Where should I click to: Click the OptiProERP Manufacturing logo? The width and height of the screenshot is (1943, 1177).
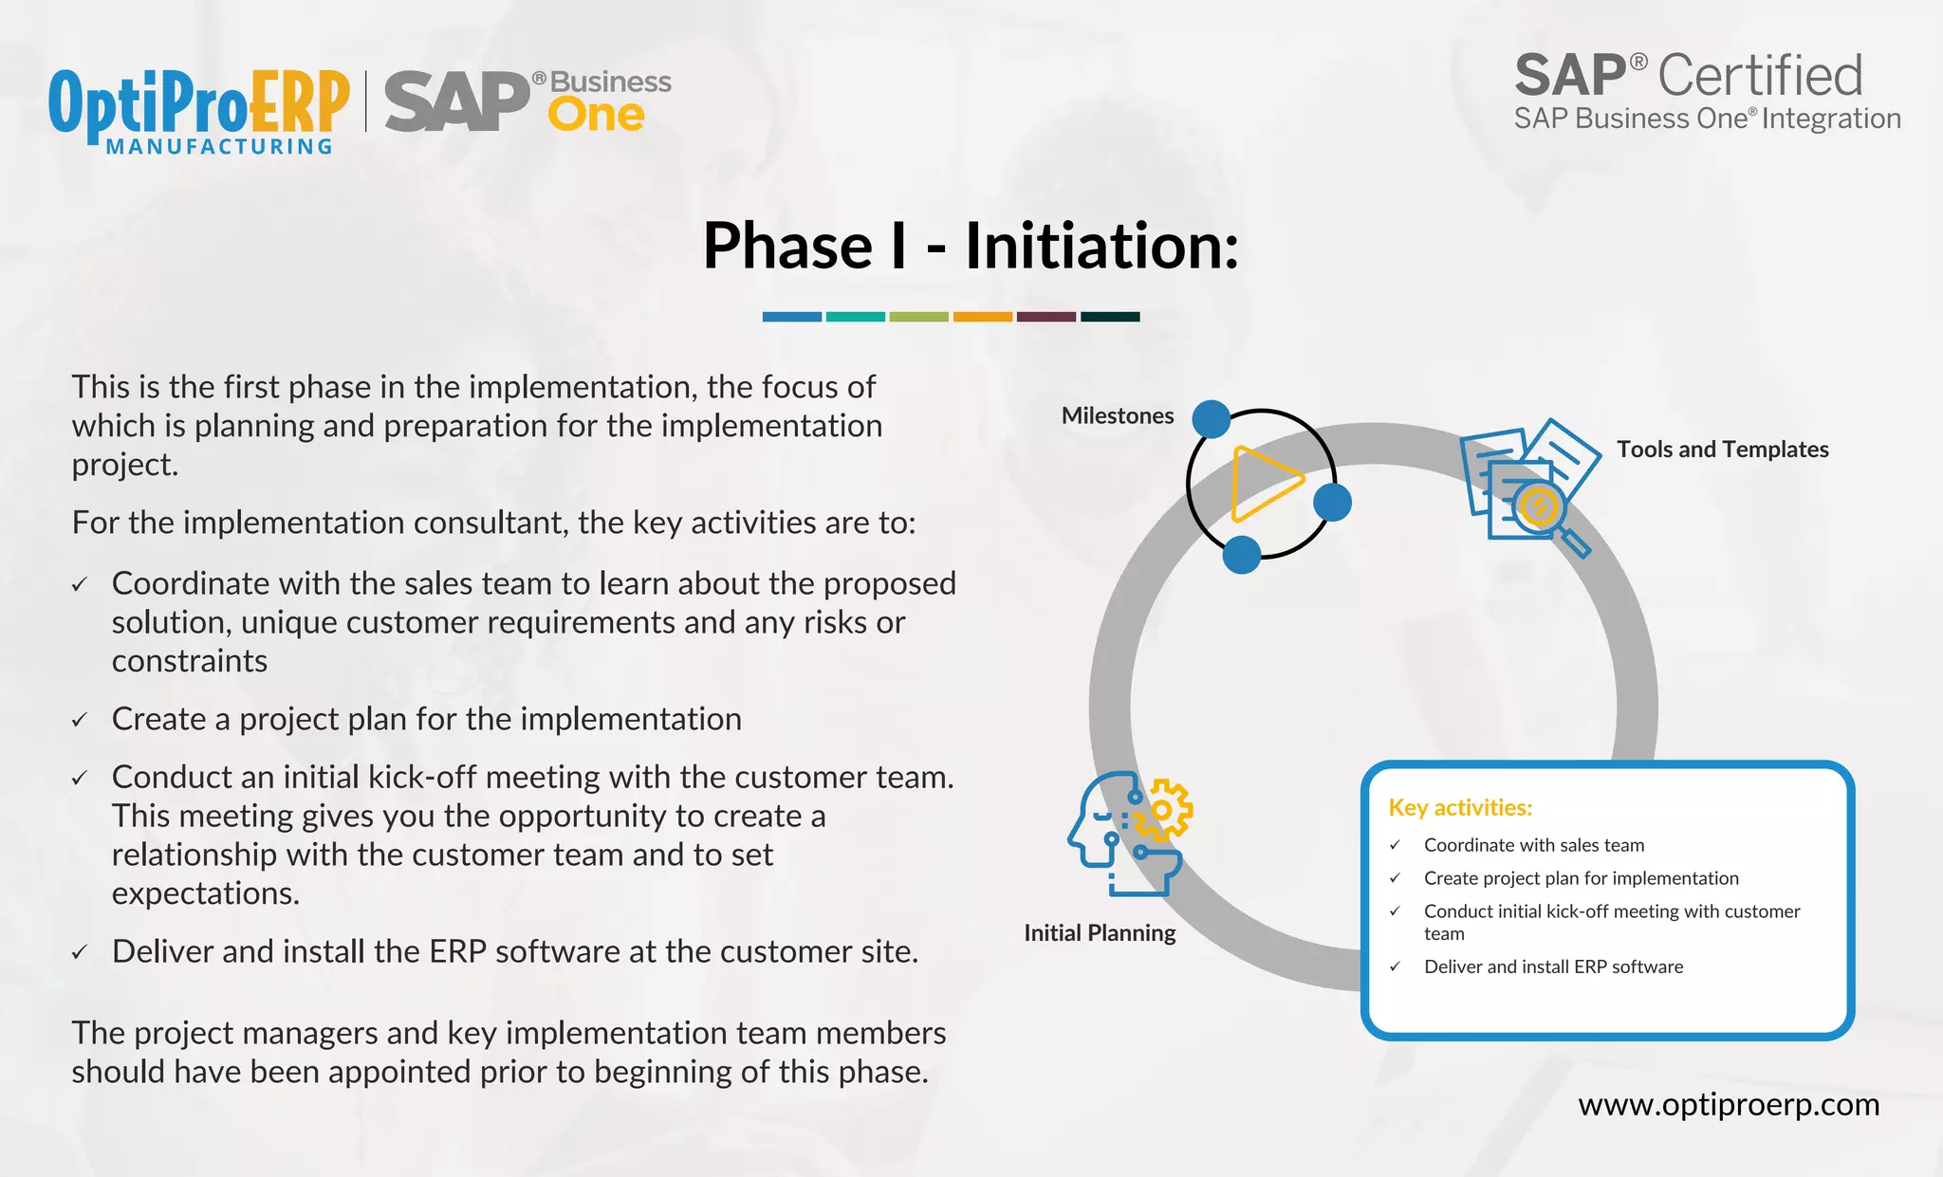coord(198,110)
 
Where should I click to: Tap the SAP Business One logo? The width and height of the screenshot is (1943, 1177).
coord(527,101)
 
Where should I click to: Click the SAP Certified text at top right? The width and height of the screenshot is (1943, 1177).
coord(1688,76)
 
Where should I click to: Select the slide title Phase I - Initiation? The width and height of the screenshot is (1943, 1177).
coord(971,246)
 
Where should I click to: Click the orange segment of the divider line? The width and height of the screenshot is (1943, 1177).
coord(982,317)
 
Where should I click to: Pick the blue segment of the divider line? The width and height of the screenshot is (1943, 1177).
coord(791,317)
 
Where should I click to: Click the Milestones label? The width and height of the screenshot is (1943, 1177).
coord(1117,415)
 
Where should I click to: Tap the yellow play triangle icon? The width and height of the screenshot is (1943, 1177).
coord(1264,484)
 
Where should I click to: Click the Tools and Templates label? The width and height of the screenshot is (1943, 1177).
coord(1722,450)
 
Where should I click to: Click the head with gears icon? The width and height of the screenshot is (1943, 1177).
coord(1129,832)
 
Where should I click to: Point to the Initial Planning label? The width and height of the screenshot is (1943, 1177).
coord(1100,933)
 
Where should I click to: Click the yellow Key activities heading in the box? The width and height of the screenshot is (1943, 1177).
coord(1460,808)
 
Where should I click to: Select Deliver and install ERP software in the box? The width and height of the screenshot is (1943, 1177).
coord(1553,967)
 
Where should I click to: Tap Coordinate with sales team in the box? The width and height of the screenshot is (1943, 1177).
coord(1533,845)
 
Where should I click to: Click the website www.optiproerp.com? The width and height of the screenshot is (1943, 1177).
coord(1728,1105)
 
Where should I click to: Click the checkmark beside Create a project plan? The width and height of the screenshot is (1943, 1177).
coord(80,721)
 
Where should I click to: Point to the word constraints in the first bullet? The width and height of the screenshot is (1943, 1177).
coord(190,661)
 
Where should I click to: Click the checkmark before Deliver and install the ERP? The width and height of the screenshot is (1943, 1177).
coord(80,953)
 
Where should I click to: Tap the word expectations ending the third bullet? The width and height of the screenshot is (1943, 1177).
coord(205,893)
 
